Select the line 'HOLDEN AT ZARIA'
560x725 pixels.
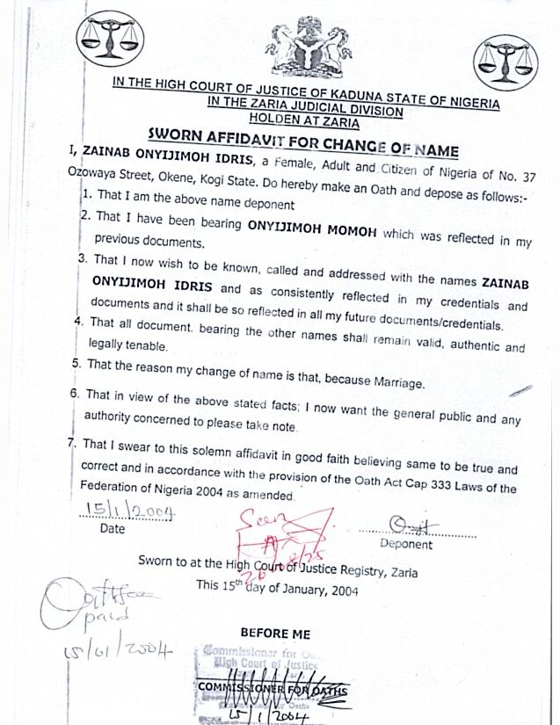[x=302, y=119]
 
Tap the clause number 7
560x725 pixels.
[x=71, y=444]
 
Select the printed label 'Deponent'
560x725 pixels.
[x=405, y=544]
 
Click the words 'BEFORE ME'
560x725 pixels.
[x=274, y=633]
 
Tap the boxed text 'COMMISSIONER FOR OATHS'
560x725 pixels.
[x=273, y=691]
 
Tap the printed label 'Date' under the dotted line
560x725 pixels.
[x=113, y=530]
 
